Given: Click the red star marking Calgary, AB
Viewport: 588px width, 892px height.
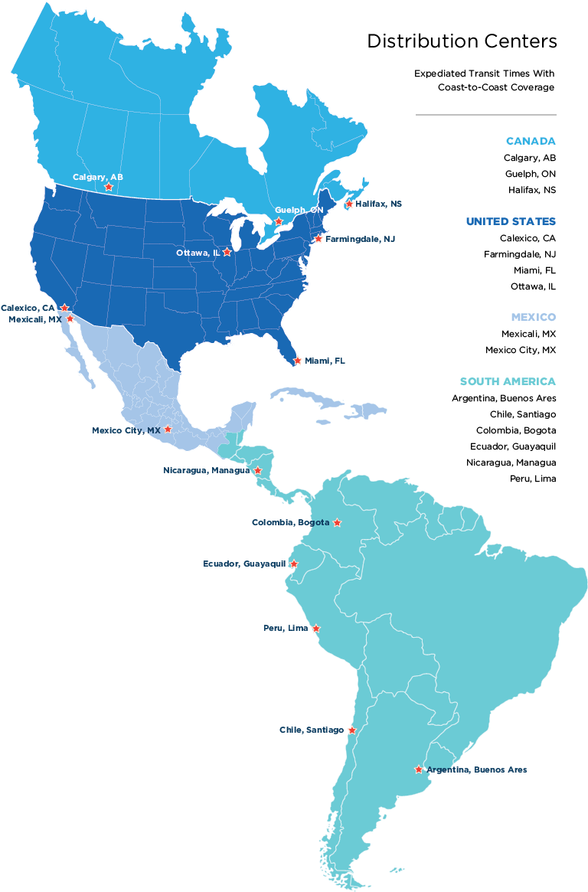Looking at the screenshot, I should coord(109,187).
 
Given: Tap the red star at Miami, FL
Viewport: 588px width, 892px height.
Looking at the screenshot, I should coord(298,361).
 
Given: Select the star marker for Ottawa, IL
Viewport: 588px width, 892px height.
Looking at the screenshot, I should coord(227,252).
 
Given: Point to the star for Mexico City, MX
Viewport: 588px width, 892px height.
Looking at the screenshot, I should coord(168,430).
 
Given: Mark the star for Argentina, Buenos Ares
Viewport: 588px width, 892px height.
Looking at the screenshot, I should coord(418,769).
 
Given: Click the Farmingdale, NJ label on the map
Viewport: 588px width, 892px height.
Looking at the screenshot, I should coord(360,239).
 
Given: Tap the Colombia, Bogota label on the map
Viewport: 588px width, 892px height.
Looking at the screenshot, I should coord(290,523).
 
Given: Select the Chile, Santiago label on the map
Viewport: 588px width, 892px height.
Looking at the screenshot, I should coord(311,730).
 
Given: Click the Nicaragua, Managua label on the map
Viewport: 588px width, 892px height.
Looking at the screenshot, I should coord(206,470).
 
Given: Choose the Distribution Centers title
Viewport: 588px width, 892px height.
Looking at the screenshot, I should coord(462,41).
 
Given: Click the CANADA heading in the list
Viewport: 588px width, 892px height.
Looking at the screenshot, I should coord(531,142).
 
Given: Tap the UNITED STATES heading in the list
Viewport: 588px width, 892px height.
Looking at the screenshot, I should coord(511,221).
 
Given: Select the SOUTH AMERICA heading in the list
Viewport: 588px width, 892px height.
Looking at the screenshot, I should coord(508,381).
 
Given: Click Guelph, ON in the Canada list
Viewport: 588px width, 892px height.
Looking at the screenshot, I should coord(530,174).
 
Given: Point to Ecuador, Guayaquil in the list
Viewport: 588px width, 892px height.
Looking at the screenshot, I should coord(513,446).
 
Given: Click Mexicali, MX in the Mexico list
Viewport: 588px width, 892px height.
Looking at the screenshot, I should coord(528,334).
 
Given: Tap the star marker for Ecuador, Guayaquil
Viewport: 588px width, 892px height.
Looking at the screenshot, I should coord(293,564).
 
